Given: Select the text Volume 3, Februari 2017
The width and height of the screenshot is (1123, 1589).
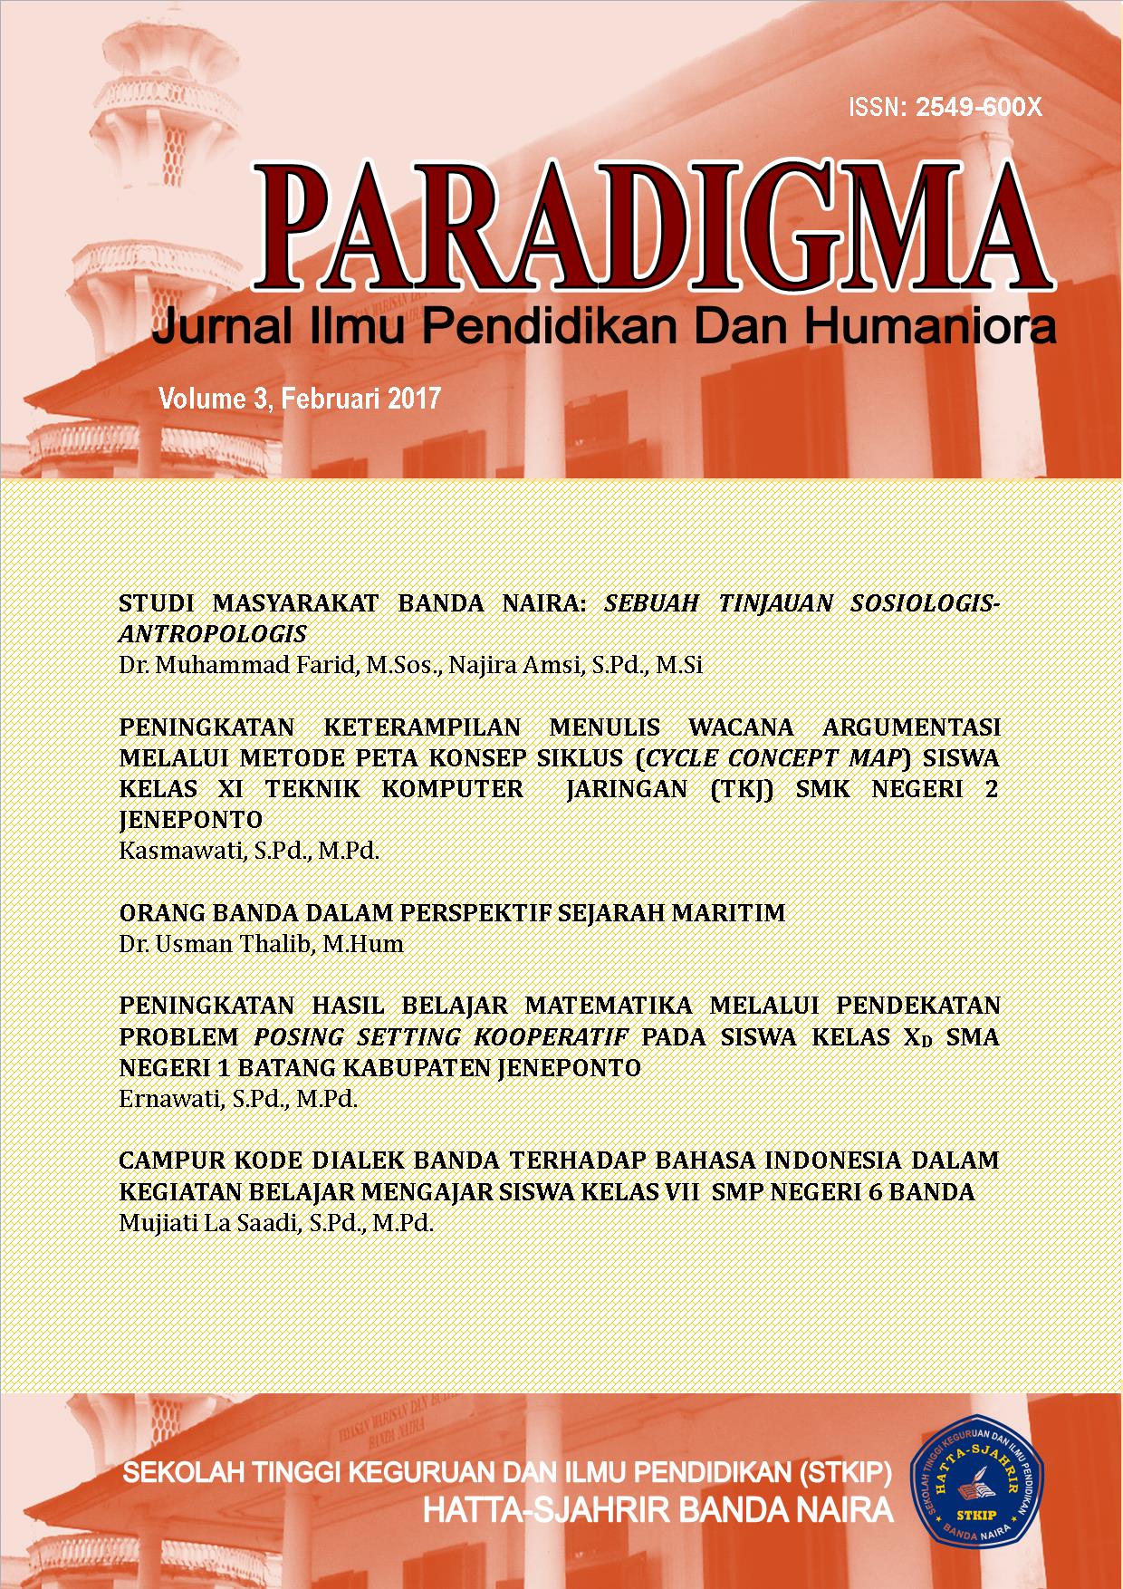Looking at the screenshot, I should tap(299, 398).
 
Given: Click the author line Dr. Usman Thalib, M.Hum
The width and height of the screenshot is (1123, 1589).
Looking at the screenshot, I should tap(261, 944).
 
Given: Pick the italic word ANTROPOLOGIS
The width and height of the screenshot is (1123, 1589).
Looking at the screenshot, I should tap(213, 633).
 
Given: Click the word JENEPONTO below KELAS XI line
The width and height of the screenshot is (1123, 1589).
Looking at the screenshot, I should tap(190, 820).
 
